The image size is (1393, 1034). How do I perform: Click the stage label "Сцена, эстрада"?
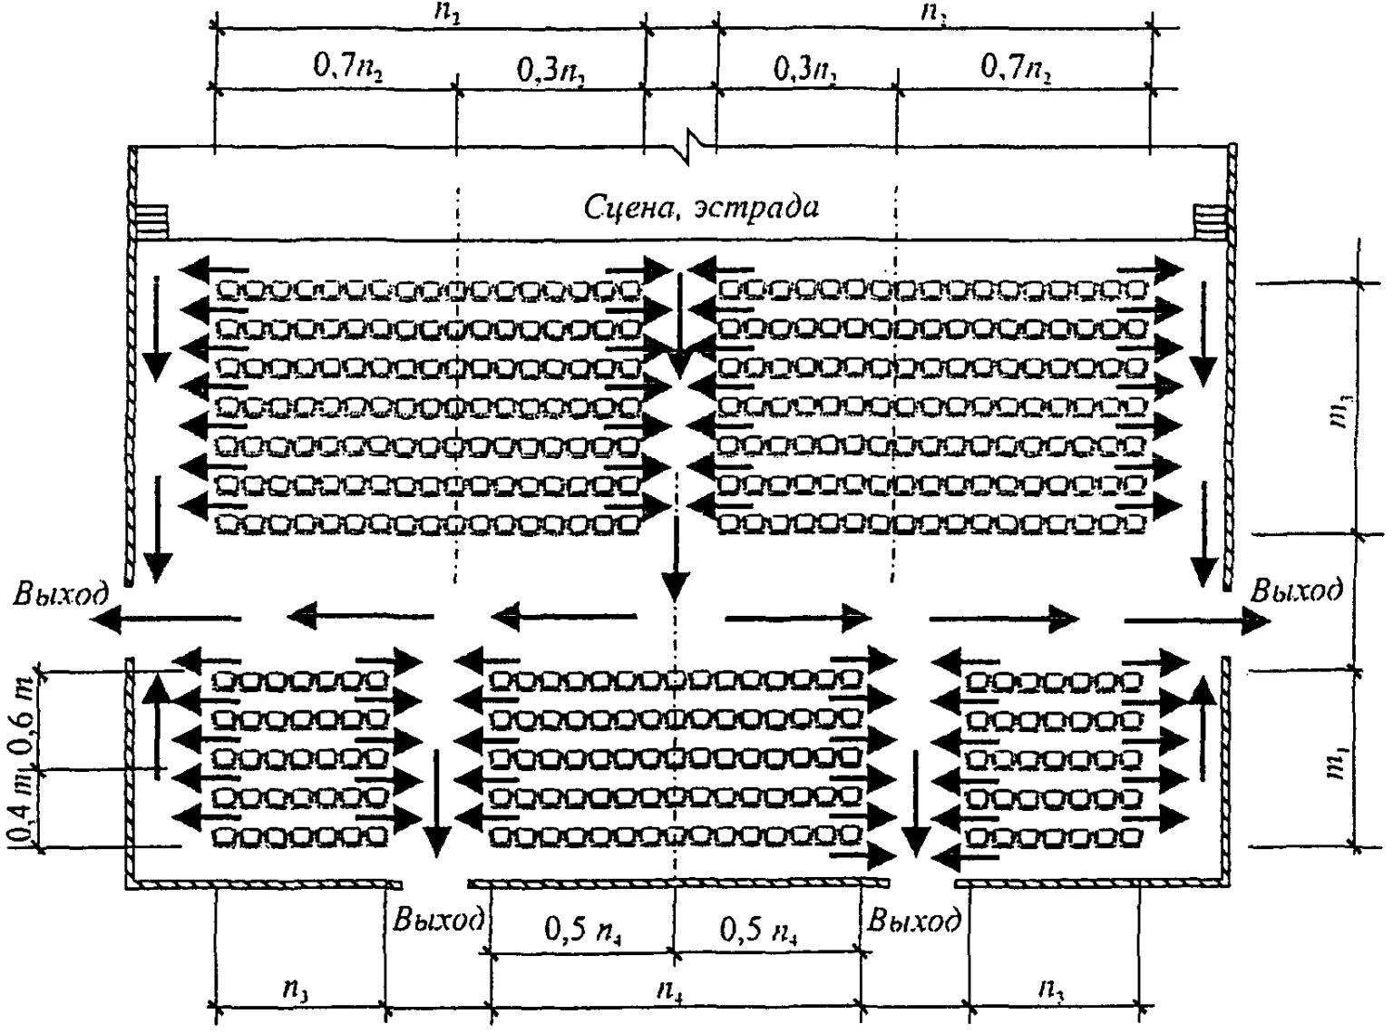point(700,208)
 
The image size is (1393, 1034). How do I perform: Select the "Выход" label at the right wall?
point(1297,590)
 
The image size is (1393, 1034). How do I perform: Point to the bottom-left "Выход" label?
point(439,920)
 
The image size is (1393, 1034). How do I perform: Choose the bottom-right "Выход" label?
point(914,920)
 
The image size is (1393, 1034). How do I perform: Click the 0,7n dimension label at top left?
point(348,68)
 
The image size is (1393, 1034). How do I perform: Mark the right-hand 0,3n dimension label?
point(805,69)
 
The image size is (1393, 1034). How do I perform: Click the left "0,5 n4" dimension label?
point(582,931)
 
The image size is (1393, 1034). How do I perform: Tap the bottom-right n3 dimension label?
point(1052,988)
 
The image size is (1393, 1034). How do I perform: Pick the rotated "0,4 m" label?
point(24,809)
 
